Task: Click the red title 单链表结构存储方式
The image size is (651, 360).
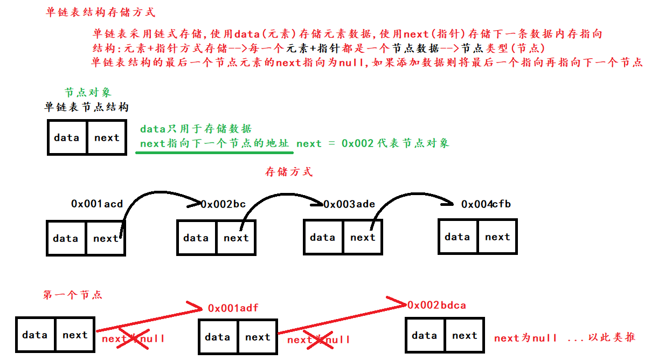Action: pos(101,12)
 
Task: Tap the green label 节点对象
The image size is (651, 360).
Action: pos(88,92)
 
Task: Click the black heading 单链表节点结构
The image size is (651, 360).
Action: pos(86,107)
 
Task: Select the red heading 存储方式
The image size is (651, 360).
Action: pos(288,172)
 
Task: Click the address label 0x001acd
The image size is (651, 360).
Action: pos(97,204)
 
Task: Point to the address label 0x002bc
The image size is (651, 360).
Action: pos(223,204)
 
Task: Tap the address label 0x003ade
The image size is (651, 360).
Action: pos(349,204)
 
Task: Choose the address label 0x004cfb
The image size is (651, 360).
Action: pos(486,204)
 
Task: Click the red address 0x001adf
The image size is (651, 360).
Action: pos(233,308)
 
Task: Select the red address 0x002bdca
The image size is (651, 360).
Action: pos(437,305)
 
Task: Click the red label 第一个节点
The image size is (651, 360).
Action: pos(72,295)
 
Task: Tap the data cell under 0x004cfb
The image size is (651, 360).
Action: pos(458,237)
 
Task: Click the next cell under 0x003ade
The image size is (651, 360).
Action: pos(363,237)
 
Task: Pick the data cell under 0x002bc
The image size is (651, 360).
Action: pos(196,238)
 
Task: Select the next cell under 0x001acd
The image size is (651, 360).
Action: pos(106,238)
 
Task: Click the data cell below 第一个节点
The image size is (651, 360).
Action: pos(35,335)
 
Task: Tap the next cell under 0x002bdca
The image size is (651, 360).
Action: pos(465,335)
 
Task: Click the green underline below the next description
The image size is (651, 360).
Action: pos(214,152)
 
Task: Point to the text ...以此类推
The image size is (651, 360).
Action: pos(601,338)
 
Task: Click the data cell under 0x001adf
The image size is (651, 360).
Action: pos(218,337)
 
